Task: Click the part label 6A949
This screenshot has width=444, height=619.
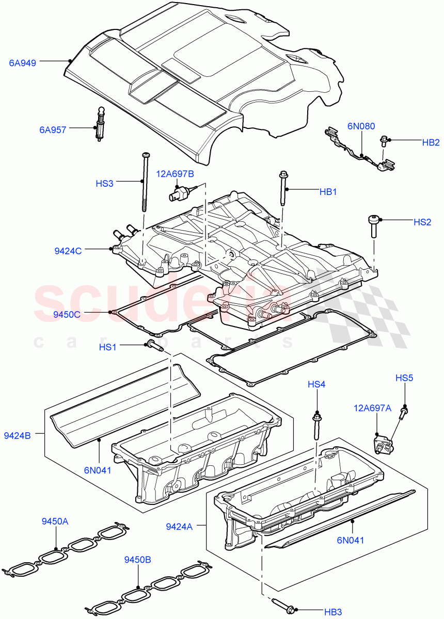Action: tap(23, 63)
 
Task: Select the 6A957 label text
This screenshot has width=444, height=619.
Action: tap(53, 130)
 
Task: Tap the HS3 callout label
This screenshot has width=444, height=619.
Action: tap(104, 183)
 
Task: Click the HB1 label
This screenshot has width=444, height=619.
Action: tap(328, 192)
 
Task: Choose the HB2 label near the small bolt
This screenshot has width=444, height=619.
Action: tap(431, 142)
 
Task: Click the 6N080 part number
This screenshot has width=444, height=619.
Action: tap(361, 125)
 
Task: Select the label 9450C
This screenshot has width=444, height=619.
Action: tap(67, 313)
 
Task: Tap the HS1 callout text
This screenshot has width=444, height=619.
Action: tap(107, 348)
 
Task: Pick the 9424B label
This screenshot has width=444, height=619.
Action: tap(17, 436)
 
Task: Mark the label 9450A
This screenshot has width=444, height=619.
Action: tap(55, 522)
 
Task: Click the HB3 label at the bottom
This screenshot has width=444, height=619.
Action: tap(333, 612)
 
